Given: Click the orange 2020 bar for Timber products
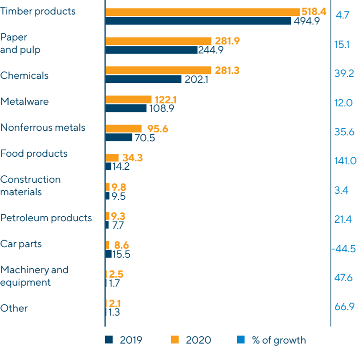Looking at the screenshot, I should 202,11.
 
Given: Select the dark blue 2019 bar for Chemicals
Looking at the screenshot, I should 143,79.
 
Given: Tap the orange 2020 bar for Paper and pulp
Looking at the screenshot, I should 158,41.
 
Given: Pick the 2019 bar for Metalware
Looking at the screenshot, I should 126,108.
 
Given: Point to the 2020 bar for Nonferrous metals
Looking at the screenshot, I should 124,128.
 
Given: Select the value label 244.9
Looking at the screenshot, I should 211,50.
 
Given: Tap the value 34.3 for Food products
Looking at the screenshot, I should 132,158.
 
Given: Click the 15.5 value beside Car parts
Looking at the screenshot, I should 121,254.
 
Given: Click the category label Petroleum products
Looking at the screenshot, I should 46,218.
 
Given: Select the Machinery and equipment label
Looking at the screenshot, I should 34,276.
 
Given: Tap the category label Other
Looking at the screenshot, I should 14,308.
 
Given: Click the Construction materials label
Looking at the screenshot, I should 30,186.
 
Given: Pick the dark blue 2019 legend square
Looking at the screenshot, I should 108,340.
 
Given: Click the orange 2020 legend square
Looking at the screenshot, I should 174,340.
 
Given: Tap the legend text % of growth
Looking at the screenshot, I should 278,340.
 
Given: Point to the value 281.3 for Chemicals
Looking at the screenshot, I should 227,70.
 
